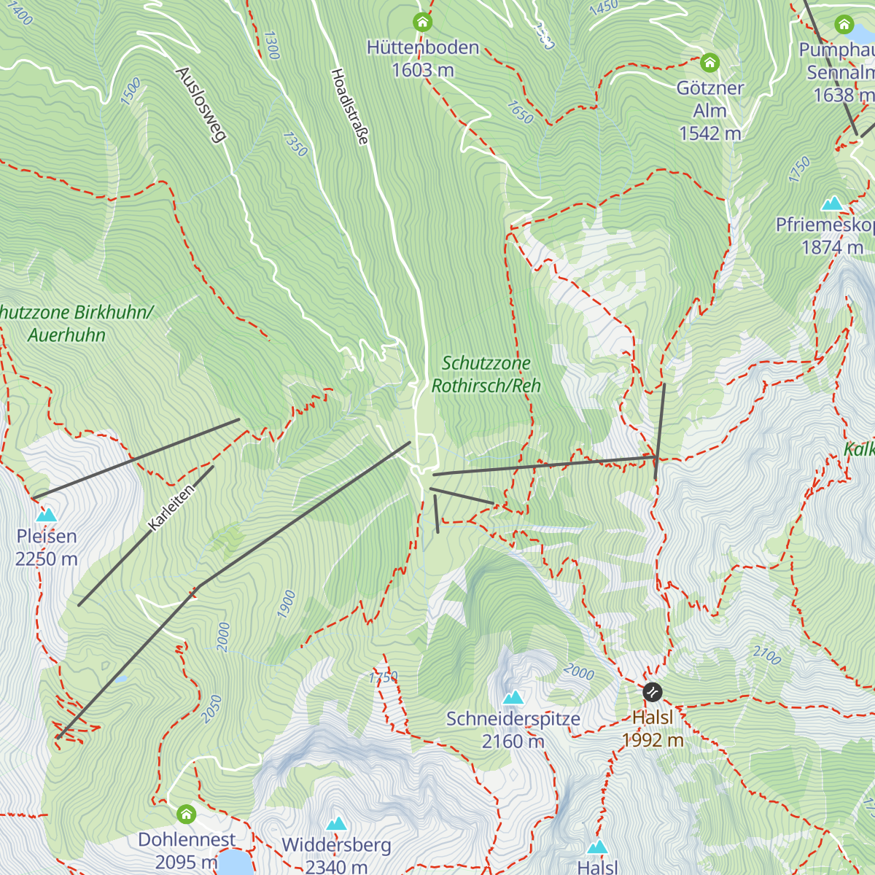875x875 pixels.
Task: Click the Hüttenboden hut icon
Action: [x=422, y=22]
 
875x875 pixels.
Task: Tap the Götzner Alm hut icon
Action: [x=709, y=62]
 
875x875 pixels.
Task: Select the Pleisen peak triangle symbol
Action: [x=46, y=515]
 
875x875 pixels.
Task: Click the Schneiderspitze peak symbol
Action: [x=513, y=697]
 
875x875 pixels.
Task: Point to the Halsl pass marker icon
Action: [x=653, y=691]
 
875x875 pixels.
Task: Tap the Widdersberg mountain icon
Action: [x=336, y=824]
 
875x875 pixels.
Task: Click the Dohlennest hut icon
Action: [x=187, y=813]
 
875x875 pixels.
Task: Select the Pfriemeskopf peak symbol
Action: [x=833, y=203]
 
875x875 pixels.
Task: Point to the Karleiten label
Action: [x=171, y=507]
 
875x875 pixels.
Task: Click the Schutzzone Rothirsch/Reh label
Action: [x=486, y=374]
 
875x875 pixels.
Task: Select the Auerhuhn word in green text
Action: [x=67, y=335]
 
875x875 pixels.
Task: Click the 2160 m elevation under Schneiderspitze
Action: [x=513, y=742]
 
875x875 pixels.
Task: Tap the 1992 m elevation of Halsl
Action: [x=653, y=741]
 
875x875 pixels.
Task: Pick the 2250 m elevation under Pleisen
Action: [x=47, y=559]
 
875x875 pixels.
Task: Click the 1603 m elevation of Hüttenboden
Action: [x=423, y=70]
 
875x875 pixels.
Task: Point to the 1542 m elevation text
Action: [x=709, y=133]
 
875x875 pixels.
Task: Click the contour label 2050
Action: [x=211, y=709]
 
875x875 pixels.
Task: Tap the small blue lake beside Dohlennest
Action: [x=235, y=863]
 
